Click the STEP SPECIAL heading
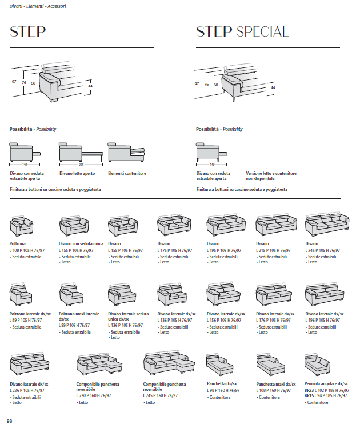click(242, 32)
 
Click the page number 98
click(10, 421)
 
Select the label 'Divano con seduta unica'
click(81, 244)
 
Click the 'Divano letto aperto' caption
click(77, 173)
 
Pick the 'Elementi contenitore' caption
click(127, 173)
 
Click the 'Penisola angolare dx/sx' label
click(326, 384)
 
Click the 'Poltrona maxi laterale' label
click(78, 314)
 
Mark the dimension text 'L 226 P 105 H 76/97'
click(29, 390)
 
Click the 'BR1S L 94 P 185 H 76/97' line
click(326, 395)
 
